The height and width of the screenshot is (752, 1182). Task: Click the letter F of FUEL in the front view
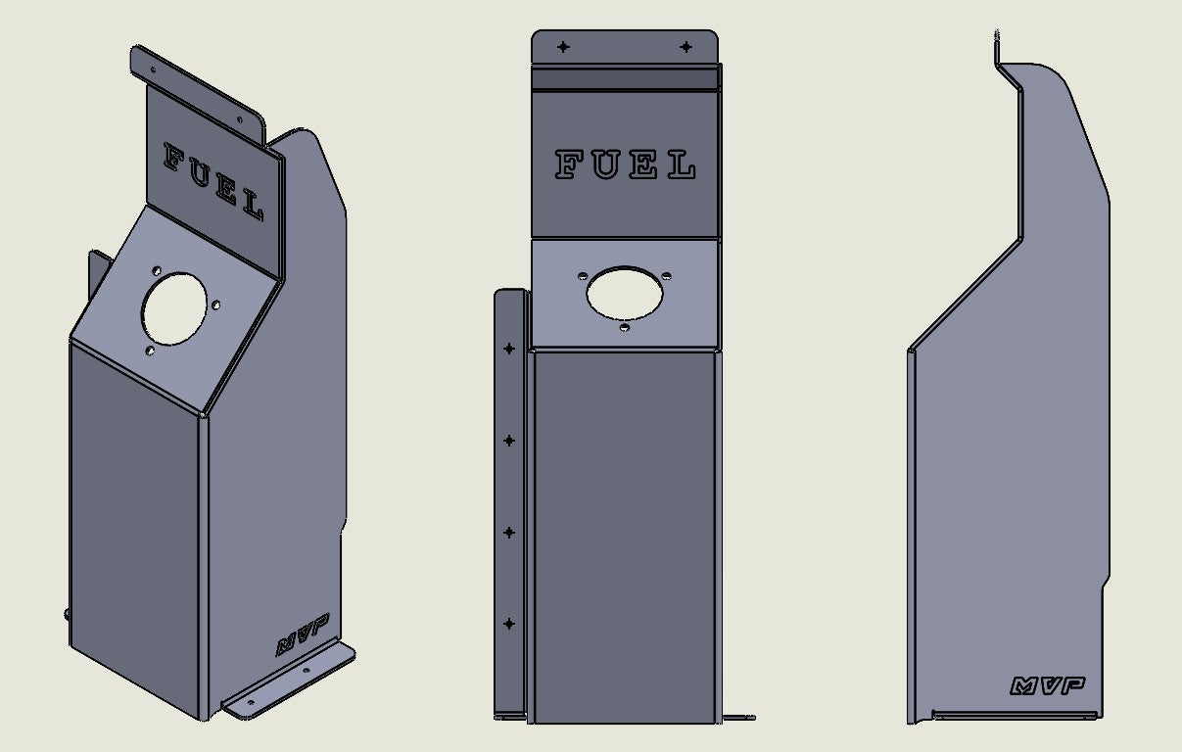pos(569,164)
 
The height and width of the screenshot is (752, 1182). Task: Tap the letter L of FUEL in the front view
pos(682,164)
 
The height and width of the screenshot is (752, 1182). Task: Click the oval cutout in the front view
pos(624,294)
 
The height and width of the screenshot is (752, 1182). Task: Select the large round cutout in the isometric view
pos(174,308)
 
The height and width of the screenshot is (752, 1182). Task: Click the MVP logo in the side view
pos(1048,686)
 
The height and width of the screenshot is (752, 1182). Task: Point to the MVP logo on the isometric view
pos(303,634)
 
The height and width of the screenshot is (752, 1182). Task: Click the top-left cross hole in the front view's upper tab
pos(563,47)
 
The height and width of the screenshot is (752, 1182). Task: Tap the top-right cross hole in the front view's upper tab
pos(686,47)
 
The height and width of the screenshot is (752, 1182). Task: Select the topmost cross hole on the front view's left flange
pos(509,349)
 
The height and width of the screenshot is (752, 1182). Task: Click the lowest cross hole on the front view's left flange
pos(509,624)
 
